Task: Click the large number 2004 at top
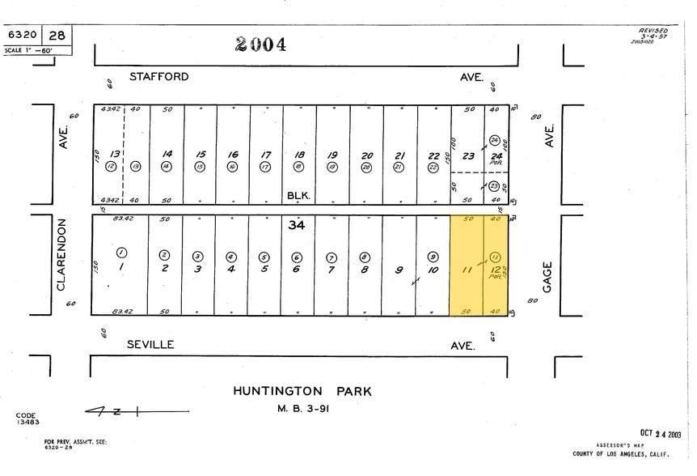(261, 45)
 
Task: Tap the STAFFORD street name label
(159, 77)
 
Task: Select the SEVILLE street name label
(150, 344)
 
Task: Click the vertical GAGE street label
(547, 276)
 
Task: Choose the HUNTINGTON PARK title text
(302, 391)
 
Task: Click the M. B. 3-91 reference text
(302, 408)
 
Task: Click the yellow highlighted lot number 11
(466, 270)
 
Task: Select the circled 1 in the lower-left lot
(121, 252)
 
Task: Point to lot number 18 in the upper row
(299, 155)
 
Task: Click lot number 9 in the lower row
(399, 270)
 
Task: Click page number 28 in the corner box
(57, 36)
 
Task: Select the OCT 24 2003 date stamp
(661, 434)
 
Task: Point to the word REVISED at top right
(653, 31)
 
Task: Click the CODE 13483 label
(27, 419)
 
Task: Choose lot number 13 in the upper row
(116, 154)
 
